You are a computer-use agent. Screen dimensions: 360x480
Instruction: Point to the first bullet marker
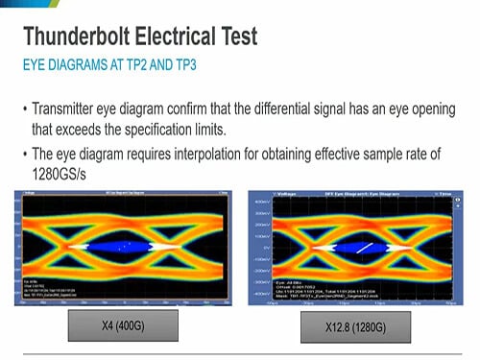tap(24, 108)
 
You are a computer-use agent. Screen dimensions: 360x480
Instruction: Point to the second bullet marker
tap(24, 154)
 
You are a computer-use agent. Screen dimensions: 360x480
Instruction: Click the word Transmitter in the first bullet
tap(68, 108)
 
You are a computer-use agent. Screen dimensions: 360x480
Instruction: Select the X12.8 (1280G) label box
tap(355, 328)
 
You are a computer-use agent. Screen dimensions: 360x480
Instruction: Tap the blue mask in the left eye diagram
tap(116, 246)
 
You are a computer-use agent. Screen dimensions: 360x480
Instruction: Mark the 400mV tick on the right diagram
tap(260, 204)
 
